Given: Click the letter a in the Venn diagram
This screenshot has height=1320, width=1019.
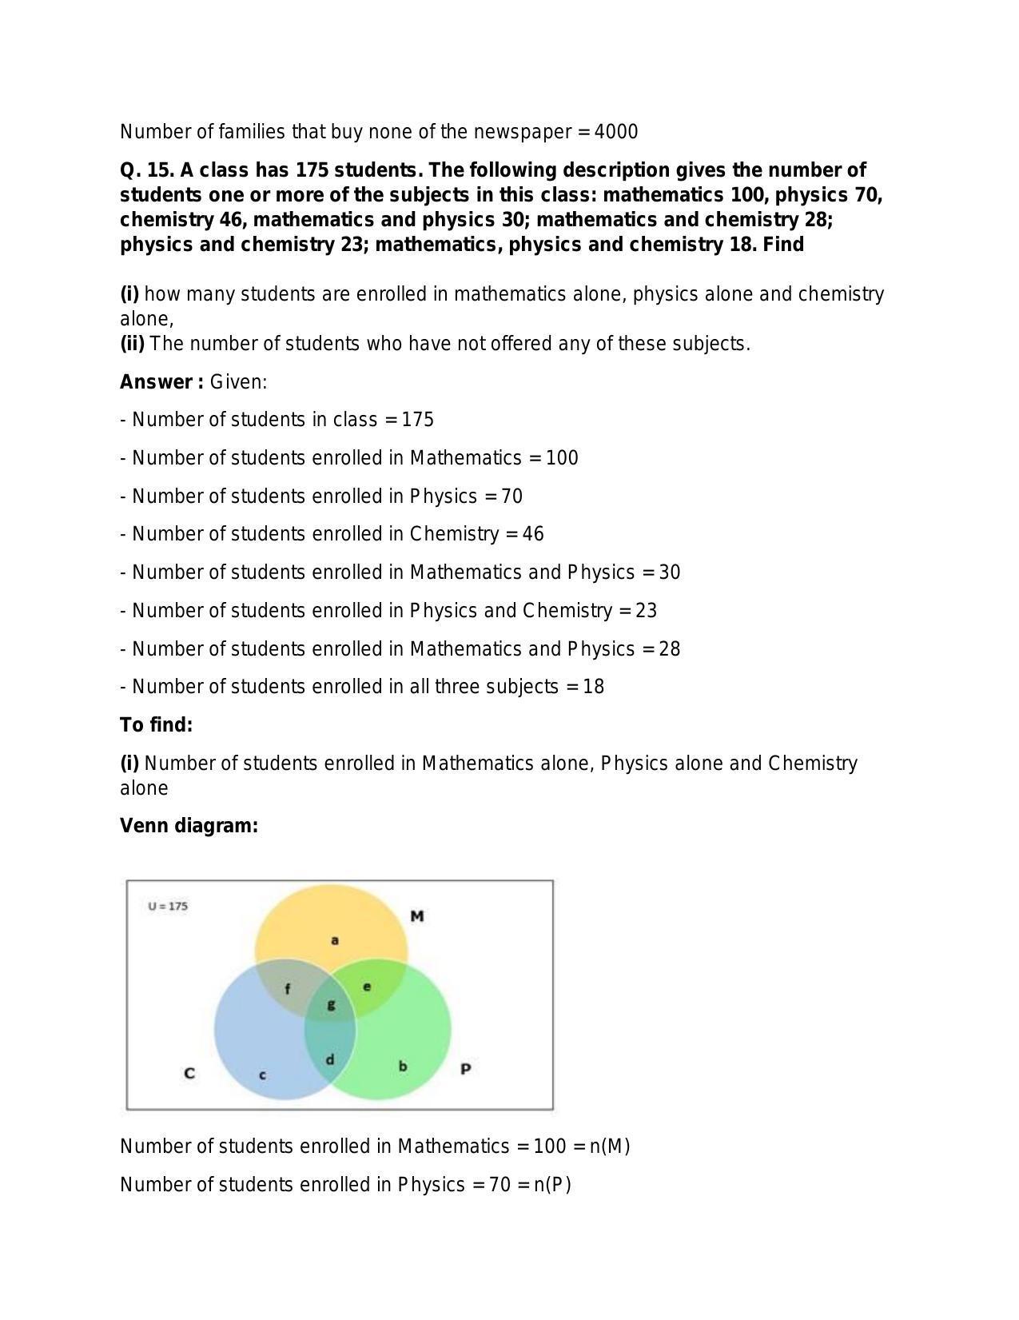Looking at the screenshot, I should [335, 940].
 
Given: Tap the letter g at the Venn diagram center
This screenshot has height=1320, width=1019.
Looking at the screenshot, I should [331, 1005].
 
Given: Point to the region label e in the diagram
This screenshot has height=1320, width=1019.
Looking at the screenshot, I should [367, 987].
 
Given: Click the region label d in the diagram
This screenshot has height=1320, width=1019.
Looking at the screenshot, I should [329, 1061].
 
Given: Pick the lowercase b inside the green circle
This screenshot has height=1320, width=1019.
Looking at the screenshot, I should [403, 1066].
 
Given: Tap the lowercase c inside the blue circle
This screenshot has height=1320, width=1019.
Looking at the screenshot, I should [262, 1075].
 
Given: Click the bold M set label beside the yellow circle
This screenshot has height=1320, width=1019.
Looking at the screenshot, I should [416, 916].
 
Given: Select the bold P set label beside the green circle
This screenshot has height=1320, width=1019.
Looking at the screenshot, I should [466, 1069].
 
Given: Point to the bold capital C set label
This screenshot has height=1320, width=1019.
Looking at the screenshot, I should [189, 1073].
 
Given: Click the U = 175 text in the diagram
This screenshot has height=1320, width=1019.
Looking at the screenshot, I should [168, 907].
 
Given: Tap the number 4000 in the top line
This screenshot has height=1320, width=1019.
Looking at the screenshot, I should [616, 132].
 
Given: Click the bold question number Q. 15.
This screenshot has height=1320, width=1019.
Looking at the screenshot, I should [147, 170].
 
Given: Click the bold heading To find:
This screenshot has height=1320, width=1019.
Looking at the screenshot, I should [157, 725].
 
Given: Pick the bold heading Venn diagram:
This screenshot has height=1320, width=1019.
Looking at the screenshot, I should [189, 826].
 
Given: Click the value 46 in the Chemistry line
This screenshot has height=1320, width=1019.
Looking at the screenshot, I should [533, 534].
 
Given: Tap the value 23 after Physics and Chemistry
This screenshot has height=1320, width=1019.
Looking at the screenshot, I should [646, 611].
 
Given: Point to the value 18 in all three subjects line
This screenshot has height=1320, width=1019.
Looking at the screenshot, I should [593, 687].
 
